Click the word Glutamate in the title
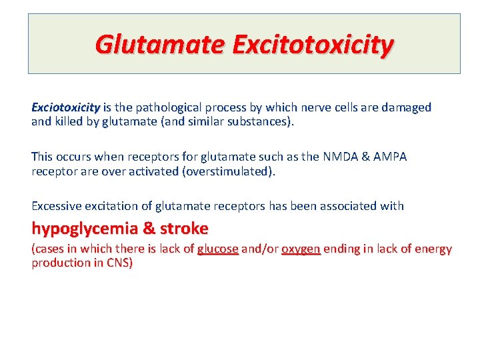click(x=159, y=45)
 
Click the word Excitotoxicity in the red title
click(x=313, y=45)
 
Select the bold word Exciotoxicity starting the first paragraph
click(x=65, y=107)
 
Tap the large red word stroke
click(x=183, y=228)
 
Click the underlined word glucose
click(x=217, y=249)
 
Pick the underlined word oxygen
click(x=301, y=249)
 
